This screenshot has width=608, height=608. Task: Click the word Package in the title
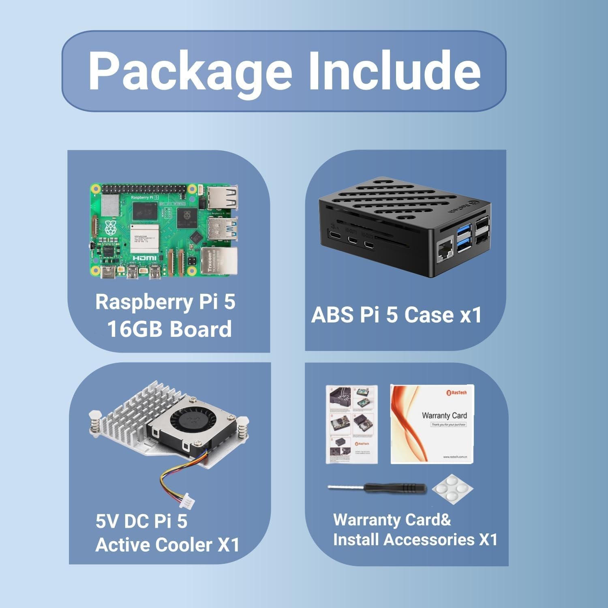[190, 72]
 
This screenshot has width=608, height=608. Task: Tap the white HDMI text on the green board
[145, 258]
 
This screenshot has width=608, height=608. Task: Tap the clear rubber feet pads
[452, 490]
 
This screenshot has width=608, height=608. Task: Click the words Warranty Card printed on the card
[444, 415]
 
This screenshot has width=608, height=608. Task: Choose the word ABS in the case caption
[332, 315]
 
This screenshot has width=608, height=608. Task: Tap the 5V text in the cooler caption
[107, 521]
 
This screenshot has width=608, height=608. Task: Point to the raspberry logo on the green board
[111, 229]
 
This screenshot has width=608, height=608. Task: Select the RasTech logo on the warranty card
[456, 392]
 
